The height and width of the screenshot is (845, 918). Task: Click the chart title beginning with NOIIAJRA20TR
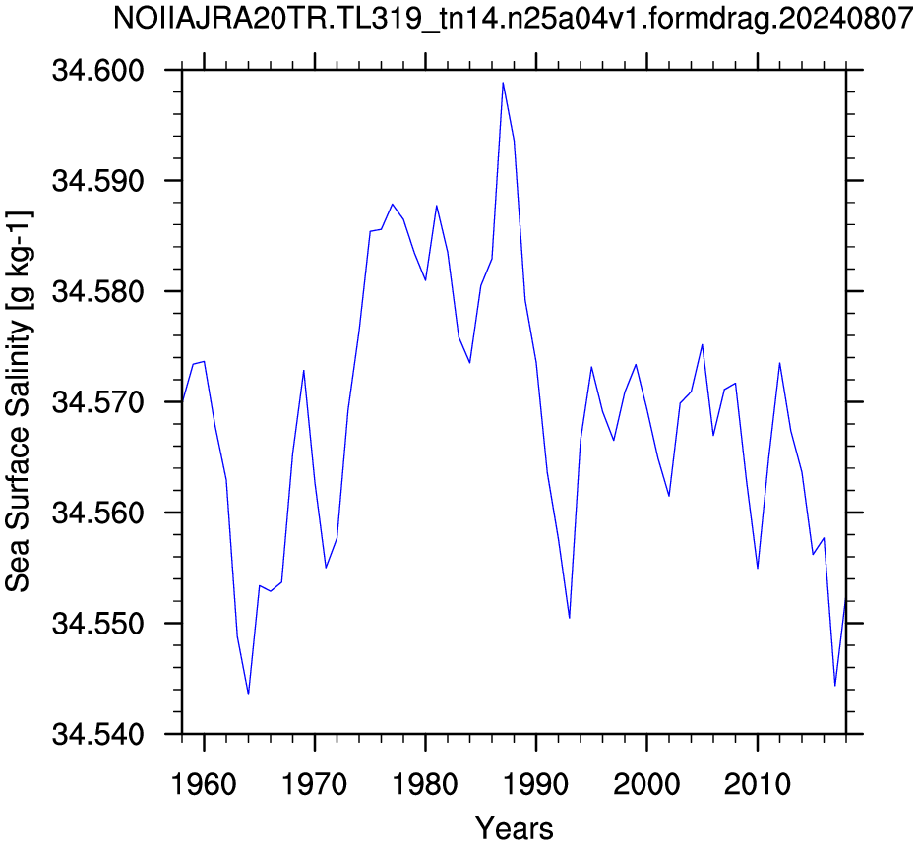click(x=513, y=19)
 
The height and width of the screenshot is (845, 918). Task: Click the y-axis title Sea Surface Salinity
click(x=18, y=401)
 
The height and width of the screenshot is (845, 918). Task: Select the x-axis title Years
click(x=514, y=828)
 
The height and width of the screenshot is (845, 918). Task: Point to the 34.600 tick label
click(x=97, y=71)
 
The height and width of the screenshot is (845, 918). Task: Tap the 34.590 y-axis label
click(x=97, y=181)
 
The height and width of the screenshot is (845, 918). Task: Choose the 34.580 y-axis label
click(x=97, y=291)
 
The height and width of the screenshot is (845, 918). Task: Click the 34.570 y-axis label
click(x=97, y=402)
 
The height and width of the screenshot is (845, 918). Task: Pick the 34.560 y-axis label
click(x=97, y=513)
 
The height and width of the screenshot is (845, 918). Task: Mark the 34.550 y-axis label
click(x=97, y=624)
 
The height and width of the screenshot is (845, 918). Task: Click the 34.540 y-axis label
click(x=97, y=734)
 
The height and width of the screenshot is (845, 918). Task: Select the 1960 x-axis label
click(x=204, y=784)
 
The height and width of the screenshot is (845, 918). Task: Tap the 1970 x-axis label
click(x=315, y=784)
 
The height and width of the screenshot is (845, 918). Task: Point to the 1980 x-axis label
click(x=425, y=784)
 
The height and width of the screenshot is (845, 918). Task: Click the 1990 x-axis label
click(x=535, y=784)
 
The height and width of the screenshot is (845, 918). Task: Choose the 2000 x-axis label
click(x=647, y=784)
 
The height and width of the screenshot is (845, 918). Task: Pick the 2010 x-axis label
click(x=758, y=784)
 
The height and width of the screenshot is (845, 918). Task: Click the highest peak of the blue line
click(x=503, y=83)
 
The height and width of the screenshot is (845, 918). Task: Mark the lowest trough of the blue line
click(x=248, y=694)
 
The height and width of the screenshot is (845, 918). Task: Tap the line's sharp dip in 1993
click(x=570, y=618)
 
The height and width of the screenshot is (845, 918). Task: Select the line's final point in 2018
click(x=846, y=600)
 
